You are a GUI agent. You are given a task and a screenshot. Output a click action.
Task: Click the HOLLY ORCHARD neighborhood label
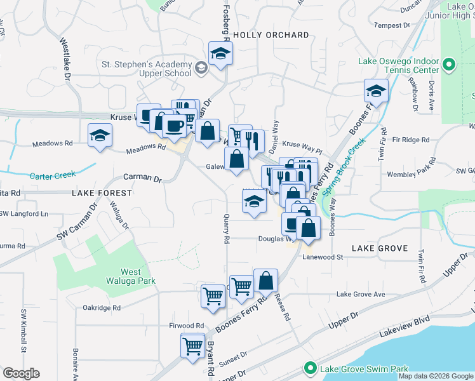(271, 36)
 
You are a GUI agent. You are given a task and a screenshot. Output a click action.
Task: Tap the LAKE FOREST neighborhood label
(102, 192)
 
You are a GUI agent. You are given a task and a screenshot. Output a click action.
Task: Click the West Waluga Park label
(139, 276)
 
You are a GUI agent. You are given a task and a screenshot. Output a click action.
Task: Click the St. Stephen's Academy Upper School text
(147, 69)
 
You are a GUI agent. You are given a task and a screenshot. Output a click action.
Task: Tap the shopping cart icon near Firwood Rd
(191, 346)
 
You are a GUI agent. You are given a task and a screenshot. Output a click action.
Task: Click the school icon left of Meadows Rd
(100, 135)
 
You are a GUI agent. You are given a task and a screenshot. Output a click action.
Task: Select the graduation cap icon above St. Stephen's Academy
(220, 53)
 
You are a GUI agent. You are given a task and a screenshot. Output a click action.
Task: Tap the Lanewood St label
(322, 257)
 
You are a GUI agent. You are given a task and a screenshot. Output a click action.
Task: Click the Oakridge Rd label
(102, 307)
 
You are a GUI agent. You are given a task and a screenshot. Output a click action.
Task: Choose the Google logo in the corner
(21, 373)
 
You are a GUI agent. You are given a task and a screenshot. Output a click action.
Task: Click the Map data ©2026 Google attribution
(436, 376)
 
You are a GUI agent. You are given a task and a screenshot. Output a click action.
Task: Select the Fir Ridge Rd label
(411, 140)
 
